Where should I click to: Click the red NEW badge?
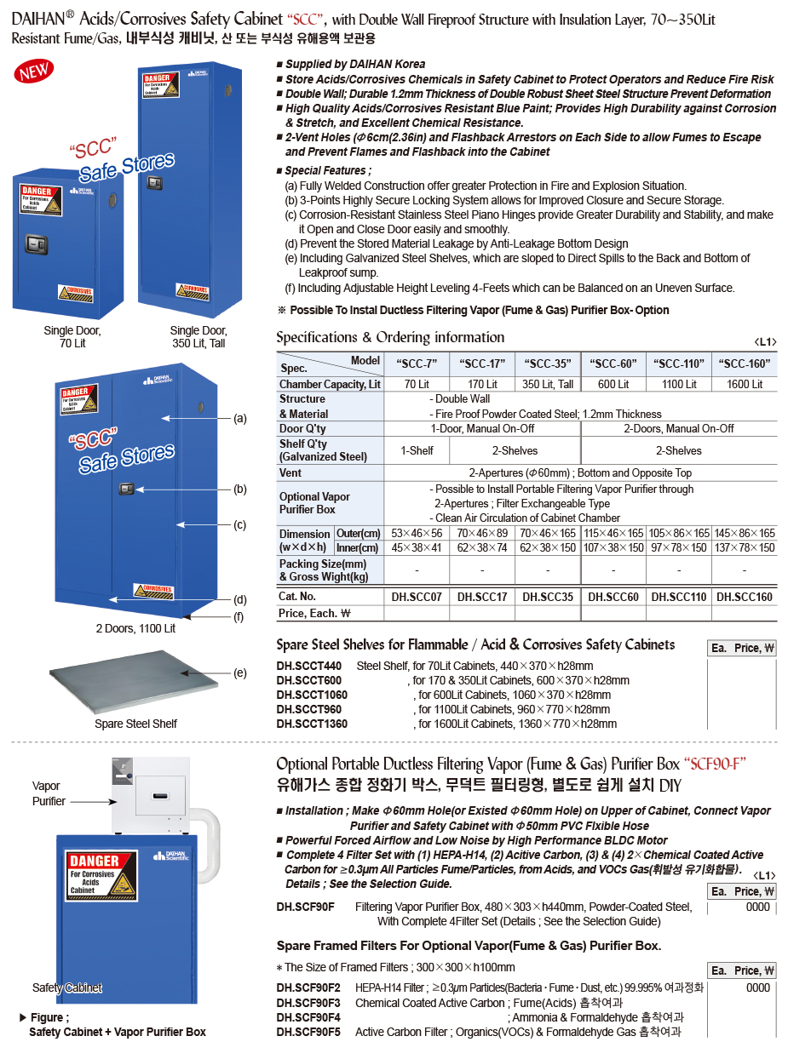tap(34, 72)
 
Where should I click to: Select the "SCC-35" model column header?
tap(548, 363)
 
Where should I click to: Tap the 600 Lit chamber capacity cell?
tap(613, 384)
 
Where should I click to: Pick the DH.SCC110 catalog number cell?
tap(679, 597)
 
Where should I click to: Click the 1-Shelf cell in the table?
tap(417, 450)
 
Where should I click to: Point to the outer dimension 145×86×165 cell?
tap(745, 533)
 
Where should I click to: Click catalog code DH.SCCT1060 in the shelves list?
tap(312, 695)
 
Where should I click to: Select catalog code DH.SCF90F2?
tap(308, 987)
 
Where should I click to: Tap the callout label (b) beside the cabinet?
tap(240, 489)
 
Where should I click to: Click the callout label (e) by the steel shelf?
tap(240, 673)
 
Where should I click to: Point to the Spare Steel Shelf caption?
tap(135, 724)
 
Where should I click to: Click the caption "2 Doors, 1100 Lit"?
tap(135, 628)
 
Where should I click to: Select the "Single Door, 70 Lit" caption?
tap(72, 336)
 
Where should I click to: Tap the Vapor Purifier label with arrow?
tap(49, 793)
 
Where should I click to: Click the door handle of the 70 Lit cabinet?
tap(35, 243)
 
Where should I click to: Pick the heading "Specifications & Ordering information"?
tap(390, 337)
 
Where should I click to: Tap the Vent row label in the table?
tap(290, 472)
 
